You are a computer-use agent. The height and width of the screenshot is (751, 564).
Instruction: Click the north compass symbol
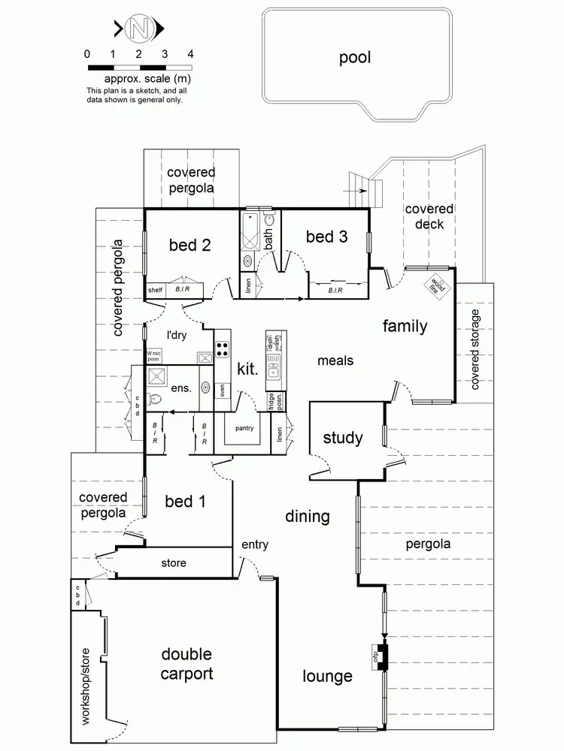pyautogui.click(x=138, y=29)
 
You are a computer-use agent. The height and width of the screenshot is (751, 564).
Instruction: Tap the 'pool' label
pyautogui.click(x=355, y=58)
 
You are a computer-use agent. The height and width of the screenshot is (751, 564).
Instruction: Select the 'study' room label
pyautogui.click(x=343, y=438)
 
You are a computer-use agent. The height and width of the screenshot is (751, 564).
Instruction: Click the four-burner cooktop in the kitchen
pyautogui.click(x=223, y=348)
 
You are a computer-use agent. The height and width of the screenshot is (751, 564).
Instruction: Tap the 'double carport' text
pyautogui.click(x=186, y=664)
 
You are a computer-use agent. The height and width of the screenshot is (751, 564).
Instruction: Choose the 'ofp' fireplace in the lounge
pyautogui.click(x=381, y=658)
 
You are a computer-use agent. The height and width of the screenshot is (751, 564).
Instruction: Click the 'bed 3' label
pyautogui.click(x=327, y=237)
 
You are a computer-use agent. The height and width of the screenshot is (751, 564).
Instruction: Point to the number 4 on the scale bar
pyautogui.click(x=190, y=54)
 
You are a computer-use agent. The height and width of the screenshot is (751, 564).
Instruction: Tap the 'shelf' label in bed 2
pyautogui.click(x=155, y=290)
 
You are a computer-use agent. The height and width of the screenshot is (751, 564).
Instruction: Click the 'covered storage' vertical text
pyautogui.click(x=475, y=349)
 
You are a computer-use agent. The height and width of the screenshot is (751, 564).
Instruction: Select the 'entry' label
pyautogui.click(x=254, y=544)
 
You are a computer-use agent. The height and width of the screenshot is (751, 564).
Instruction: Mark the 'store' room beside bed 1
pyautogui.click(x=174, y=562)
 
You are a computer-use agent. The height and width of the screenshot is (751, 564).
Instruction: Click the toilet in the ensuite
pyautogui.click(x=156, y=399)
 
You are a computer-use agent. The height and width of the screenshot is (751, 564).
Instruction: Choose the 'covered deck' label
pyautogui.click(x=429, y=216)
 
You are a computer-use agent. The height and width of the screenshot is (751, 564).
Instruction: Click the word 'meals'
pyautogui.click(x=335, y=360)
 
